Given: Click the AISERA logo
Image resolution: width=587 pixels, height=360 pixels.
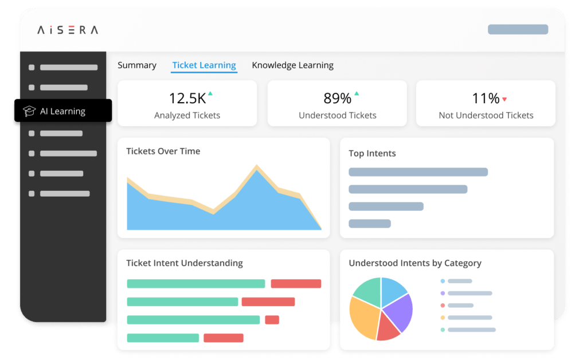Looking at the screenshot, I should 68,30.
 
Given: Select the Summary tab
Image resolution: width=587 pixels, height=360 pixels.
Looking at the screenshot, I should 137,65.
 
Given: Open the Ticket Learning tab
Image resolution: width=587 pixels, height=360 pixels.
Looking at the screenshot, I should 204,65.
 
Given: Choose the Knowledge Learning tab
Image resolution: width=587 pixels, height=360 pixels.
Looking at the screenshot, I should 292,65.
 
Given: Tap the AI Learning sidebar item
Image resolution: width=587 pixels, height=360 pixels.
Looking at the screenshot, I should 62,111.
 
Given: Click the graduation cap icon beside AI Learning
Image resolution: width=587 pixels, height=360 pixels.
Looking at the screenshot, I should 29,111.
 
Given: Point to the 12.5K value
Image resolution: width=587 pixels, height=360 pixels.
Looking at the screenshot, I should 187,98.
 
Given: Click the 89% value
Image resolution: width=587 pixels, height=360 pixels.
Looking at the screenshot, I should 337,98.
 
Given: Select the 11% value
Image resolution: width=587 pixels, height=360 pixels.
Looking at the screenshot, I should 485,98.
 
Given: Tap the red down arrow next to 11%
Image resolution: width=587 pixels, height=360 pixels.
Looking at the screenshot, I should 504,99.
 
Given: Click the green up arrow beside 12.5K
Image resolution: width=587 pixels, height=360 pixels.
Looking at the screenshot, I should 210,93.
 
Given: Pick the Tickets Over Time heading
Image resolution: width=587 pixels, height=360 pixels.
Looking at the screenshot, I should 163,151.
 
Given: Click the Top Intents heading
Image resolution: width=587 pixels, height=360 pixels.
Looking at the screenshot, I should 372,154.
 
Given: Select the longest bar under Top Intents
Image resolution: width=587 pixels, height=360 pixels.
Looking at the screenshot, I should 418,172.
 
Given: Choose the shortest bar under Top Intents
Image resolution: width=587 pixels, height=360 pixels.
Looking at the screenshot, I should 370,224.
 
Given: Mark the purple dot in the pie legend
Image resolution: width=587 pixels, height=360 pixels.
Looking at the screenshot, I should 443,293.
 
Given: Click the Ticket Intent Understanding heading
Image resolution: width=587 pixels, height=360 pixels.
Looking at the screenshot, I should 184,263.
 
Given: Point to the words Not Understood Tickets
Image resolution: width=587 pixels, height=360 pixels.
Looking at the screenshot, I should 486,115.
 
